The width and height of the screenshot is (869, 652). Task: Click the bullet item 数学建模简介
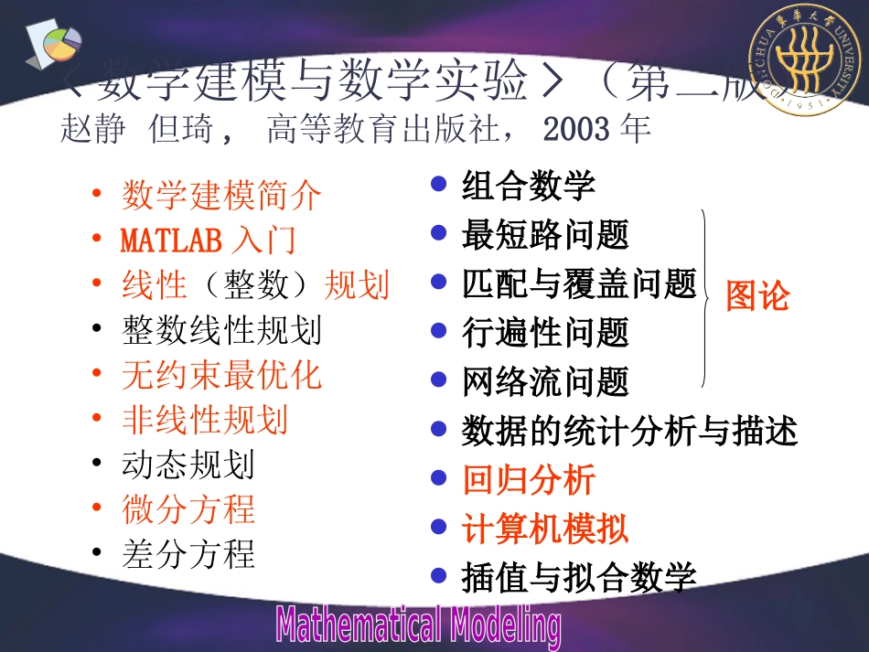tap(221, 195)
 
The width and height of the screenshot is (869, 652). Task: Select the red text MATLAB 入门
tap(209, 240)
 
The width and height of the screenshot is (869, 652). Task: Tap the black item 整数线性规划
tap(221, 329)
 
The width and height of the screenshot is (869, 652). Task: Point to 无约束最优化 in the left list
tap(221, 375)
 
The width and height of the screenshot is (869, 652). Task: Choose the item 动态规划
tap(188, 465)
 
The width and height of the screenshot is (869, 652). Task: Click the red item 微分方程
tap(188, 509)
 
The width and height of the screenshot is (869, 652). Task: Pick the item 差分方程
tap(188, 554)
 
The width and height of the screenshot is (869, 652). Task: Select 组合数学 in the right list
tap(529, 186)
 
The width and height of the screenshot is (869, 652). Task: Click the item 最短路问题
tap(545, 235)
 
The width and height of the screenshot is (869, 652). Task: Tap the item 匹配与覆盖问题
tap(579, 283)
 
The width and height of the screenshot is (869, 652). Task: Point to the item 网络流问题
tap(545, 381)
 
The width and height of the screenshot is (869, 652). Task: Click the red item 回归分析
tap(529, 479)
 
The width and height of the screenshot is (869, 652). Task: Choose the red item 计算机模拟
tap(545, 529)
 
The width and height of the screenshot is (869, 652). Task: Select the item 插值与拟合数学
tap(579, 577)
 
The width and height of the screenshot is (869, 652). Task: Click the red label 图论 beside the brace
tap(756, 296)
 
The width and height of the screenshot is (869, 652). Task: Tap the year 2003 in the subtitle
tap(575, 129)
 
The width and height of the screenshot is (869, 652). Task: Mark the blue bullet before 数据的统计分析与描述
tap(439, 430)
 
